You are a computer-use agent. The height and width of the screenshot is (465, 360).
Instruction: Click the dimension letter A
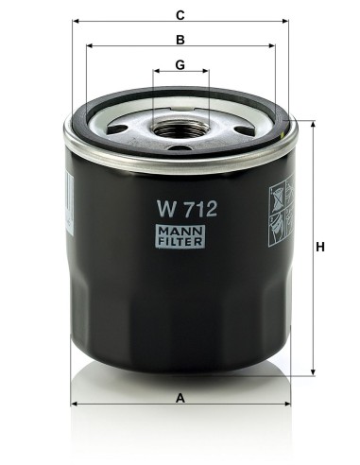[180, 399]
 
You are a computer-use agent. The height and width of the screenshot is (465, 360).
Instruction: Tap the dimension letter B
[180, 40]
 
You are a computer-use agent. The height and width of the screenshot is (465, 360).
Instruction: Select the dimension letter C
[180, 14]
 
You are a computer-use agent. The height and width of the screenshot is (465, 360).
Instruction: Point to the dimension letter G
[180, 65]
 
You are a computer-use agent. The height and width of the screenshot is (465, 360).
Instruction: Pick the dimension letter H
[320, 247]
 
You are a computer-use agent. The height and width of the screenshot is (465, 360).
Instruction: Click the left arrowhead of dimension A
[76, 404]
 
